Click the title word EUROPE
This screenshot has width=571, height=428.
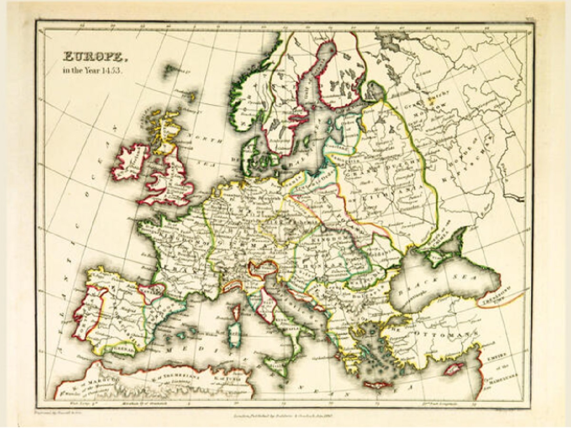pyautogui.click(x=96, y=57)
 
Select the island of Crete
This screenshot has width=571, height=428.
pyautogui.click(x=378, y=384)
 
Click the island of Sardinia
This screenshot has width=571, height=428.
pyautogui.click(x=234, y=335)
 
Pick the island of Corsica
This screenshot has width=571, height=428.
pyautogui.click(x=236, y=312)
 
